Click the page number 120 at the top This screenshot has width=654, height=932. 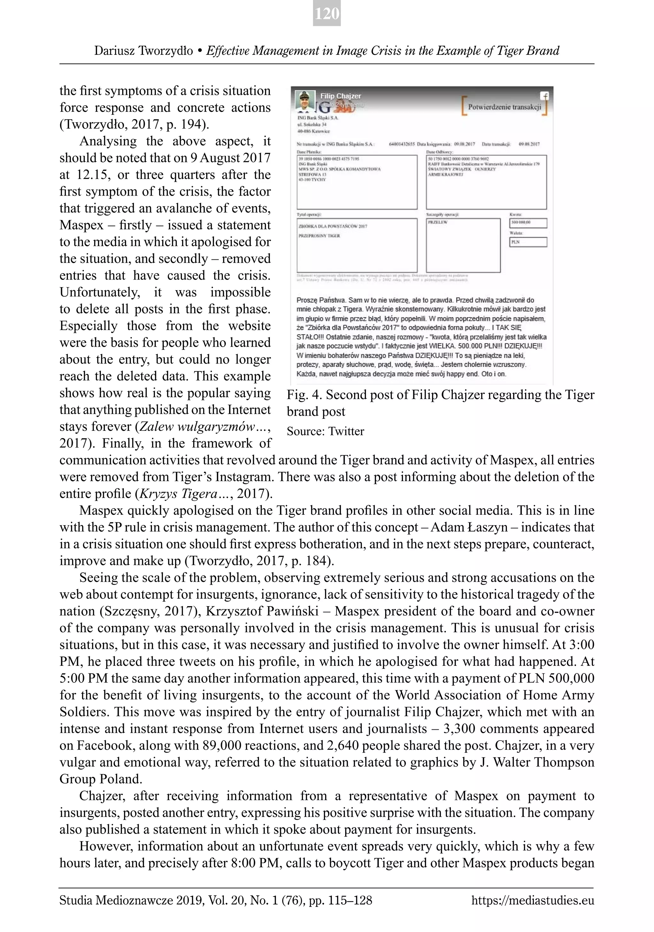click(x=327, y=14)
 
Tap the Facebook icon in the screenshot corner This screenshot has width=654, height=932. click(x=544, y=96)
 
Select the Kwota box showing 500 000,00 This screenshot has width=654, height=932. click(x=528, y=223)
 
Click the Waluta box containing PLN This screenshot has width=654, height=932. click(x=528, y=242)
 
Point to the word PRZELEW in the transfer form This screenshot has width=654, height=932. click(x=437, y=222)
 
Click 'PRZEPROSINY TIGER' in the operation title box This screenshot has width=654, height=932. click(x=319, y=236)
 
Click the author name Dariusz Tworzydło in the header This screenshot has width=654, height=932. click(x=144, y=51)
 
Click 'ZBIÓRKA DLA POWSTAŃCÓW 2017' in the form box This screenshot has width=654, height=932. click(x=333, y=226)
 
